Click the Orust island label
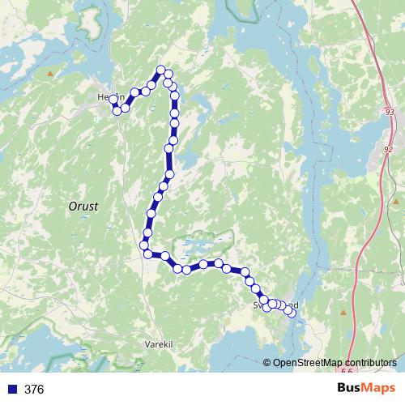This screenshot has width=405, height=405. pyautogui.click(x=83, y=207)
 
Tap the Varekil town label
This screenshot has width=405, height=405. pyautogui.click(x=159, y=343)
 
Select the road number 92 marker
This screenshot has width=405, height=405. pyautogui.click(x=387, y=149)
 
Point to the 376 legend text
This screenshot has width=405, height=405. pyautogui.click(x=34, y=390)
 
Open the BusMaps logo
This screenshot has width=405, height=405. pyautogui.click(x=367, y=389)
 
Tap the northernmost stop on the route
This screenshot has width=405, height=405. pyautogui.click(x=161, y=70)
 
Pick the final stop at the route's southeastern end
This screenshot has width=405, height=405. pyautogui.click(x=291, y=313)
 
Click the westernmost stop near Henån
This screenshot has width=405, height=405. pyautogui.click(x=113, y=98)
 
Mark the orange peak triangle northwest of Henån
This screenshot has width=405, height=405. pyautogui.click(x=50, y=74)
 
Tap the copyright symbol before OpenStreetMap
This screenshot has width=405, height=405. pyautogui.click(x=268, y=363)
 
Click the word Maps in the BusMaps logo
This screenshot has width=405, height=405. pyautogui.click(x=381, y=389)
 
